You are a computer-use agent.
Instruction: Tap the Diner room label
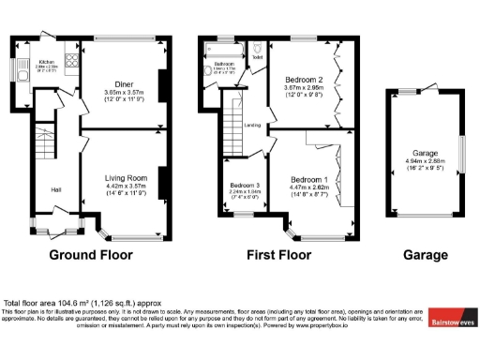pyautogui.click(x=124, y=84)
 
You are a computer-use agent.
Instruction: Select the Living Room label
pyautogui.click(x=125, y=177)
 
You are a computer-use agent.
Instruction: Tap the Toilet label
pyautogui.click(x=258, y=57)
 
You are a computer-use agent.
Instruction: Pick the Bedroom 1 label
pyautogui.click(x=308, y=179)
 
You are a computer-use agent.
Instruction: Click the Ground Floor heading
pyautogui.click(x=91, y=255)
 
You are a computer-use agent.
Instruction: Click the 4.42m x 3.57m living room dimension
pyautogui.click(x=125, y=186)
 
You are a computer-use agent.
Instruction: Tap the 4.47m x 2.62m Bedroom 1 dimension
pyautogui.click(x=308, y=187)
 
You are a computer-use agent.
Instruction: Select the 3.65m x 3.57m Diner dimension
pyautogui.click(x=124, y=93)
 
